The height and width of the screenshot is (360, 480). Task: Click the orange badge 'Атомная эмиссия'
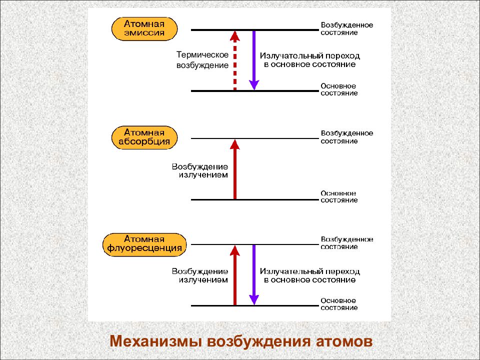click(144, 29)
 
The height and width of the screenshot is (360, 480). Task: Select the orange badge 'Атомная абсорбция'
click(144, 137)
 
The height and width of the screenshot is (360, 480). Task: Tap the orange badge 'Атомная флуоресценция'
click(144, 244)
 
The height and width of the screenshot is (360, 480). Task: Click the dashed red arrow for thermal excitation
click(235, 60)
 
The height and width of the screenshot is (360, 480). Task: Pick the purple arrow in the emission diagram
click(254, 60)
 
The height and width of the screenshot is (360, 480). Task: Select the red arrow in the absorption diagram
click(235, 169)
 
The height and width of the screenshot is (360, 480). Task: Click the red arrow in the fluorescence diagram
click(235, 275)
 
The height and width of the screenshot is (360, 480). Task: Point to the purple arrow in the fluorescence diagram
click(254, 275)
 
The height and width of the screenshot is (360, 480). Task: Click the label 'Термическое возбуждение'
click(202, 60)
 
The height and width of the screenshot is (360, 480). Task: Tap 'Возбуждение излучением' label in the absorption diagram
click(200, 171)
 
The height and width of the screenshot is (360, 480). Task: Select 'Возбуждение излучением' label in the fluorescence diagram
click(200, 275)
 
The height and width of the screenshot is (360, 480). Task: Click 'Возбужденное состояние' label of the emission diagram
click(347, 29)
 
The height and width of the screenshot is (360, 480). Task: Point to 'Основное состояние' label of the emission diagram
click(339, 89)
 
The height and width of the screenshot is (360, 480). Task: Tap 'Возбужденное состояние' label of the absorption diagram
click(347, 137)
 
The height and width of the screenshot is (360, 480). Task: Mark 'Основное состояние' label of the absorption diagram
click(339, 196)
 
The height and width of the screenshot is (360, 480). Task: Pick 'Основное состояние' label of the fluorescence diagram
click(339, 304)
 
